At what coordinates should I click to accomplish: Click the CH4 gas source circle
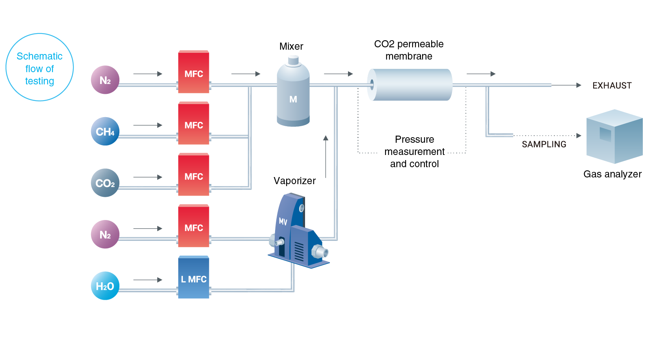[x=105, y=131]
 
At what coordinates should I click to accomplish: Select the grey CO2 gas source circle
[x=105, y=183]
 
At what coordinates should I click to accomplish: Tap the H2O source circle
[x=105, y=286]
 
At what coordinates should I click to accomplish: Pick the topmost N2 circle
[x=105, y=80]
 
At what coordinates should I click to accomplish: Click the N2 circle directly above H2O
[x=105, y=235]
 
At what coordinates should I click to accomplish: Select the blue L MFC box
[x=194, y=277]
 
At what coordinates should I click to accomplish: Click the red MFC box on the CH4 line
[x=194, y=123]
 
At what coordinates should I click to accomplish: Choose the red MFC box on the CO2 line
[x=194, y=175]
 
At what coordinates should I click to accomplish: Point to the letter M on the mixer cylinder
[x=293, y=99]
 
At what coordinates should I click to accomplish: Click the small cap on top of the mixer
[x=293, y=60]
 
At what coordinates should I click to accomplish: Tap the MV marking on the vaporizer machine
[x=283, y=221]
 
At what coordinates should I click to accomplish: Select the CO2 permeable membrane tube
[x=410, y=85]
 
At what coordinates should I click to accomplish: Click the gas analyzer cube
[x=614, y=136]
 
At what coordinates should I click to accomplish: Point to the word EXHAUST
[x=612, y=86]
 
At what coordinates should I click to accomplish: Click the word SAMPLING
[x=544, y=144]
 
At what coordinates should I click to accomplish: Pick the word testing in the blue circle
[x=39, y=81]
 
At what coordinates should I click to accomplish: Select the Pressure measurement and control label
[x=414, y=151]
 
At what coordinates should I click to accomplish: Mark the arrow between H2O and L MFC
[x=148, y=280]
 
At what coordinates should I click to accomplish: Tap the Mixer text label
[x=291, y=47]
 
